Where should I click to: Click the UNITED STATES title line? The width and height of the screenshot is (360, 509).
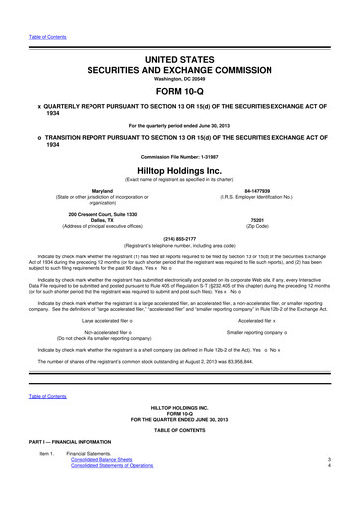tap(180, 33)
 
